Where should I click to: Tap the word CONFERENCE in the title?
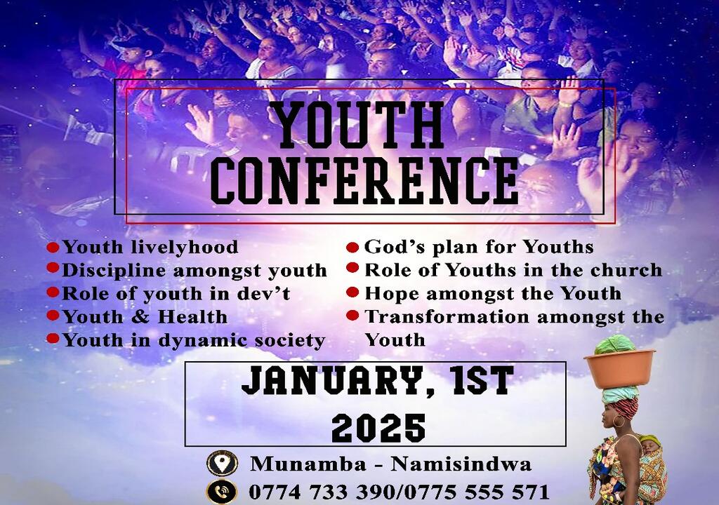coord(364,180)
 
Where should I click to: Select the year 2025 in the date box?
coord(378,428)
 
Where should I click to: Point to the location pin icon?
coord(222,463)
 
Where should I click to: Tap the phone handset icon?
coord(222,492)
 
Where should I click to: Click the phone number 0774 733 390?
coord(322,492)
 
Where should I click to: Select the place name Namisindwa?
coord(461,464)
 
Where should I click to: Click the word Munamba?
coord(308,464)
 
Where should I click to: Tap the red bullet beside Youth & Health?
coord(53,316)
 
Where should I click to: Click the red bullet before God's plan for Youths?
coord(352,248)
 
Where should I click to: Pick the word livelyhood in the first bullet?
coord(185,247)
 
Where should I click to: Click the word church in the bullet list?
coord(626,270)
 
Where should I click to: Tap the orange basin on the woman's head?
coord(619,369)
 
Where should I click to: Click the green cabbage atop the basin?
coord(615,344)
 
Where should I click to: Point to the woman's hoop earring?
coord(619,421)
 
